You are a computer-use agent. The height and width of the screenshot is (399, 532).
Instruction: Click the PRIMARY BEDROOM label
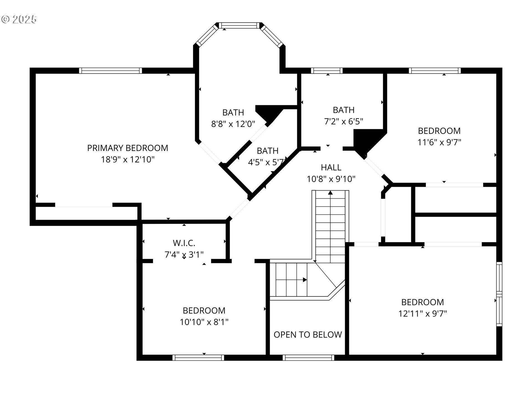point(127,148)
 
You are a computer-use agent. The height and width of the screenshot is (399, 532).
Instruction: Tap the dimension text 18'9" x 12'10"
point(127,160)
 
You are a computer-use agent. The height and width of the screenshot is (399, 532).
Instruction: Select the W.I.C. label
point(184,243)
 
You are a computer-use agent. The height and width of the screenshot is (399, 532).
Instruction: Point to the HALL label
point(331,167)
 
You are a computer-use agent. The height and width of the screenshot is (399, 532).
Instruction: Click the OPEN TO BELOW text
point(308,334)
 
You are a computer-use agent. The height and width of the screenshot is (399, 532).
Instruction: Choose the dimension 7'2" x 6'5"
point(344,121)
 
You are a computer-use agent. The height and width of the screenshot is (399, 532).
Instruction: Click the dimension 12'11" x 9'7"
point(423,314)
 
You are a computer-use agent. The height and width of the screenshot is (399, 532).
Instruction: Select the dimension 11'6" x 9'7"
point(439,142)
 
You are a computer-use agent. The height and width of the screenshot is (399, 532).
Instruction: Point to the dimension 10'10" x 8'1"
point(204,322)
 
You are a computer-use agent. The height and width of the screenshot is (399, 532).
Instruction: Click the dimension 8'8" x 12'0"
point(233,124)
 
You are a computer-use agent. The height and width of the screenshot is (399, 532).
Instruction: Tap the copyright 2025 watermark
point(19,19)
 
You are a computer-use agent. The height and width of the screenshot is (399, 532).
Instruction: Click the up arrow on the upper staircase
point(330,193)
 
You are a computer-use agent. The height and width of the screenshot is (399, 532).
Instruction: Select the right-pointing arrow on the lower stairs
point(305,280)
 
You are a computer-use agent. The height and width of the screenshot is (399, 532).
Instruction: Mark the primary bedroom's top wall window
point(111,71)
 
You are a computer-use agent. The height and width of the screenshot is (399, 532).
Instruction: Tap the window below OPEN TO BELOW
point(308,358)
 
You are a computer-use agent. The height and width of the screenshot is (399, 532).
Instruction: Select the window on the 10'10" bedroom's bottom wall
point(198,358)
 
